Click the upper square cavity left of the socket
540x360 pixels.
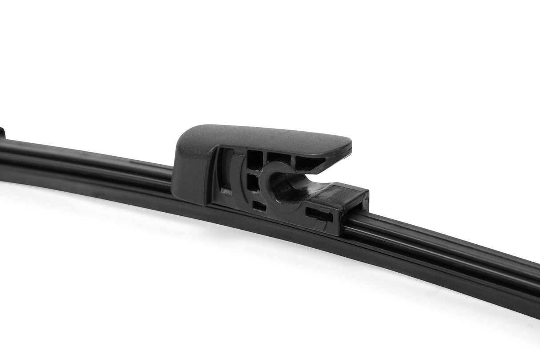pos(254,159)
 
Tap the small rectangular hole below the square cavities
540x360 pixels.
pos(259,206)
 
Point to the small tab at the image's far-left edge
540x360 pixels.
pos(2,133)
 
